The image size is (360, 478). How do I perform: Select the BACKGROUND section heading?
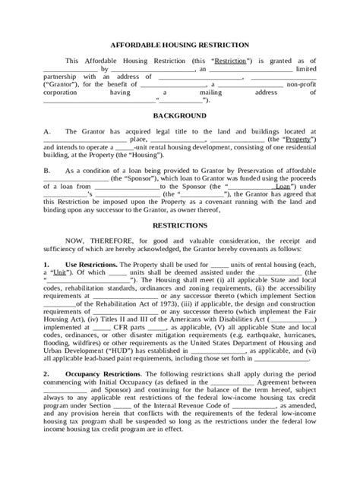pyautogui.click(x=180, y=116)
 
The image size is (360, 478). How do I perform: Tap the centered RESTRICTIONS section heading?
pyautogui.click(x=180, y=225)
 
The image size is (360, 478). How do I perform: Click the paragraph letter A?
pyautogui.click(x=46, y=131)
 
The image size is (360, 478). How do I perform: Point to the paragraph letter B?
pyautogui.click(x=46, y=171)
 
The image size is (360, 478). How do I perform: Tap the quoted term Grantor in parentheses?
pyautogui.click(x=63, y=84)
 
